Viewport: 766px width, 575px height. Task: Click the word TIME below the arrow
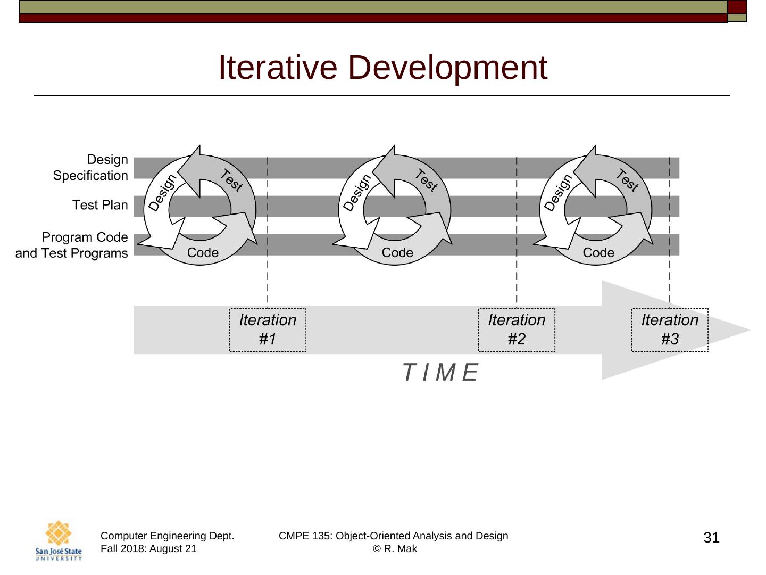point(440,372)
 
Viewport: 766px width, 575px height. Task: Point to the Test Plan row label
point(100,205)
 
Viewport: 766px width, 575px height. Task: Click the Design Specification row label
point(90,168)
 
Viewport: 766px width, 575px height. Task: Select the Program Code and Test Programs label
point(71,245)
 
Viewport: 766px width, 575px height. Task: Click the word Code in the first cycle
point(203,252)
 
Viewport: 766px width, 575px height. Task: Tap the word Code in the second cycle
point(397,252)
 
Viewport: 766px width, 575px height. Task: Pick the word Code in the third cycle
point(598,252)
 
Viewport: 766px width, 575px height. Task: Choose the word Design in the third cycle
point(558,193)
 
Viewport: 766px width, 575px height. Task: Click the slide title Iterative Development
point(383,68)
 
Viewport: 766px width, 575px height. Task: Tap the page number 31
point(711,538)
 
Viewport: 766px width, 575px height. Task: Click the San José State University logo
point(59,540)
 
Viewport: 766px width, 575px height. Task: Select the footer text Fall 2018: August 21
point(148,549)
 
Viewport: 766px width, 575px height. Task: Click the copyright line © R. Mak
point(395,549)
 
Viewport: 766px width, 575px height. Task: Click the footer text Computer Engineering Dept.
point(167,536)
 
